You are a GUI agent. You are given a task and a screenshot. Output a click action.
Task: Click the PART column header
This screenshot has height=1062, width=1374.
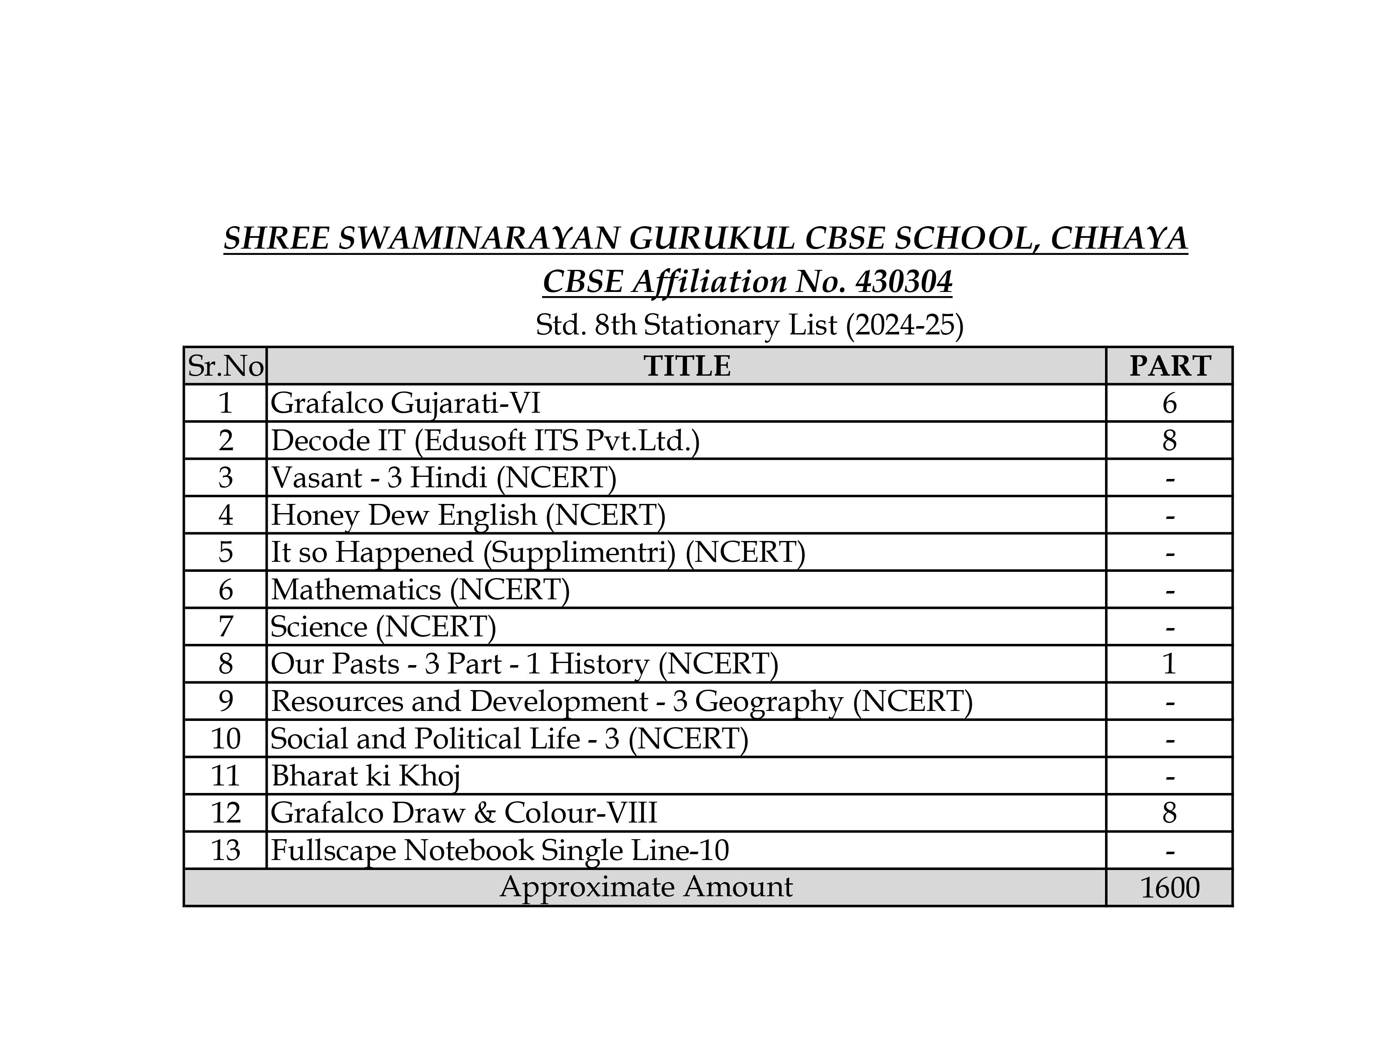1170,366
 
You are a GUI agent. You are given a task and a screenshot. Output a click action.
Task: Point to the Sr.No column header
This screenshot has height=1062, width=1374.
225,366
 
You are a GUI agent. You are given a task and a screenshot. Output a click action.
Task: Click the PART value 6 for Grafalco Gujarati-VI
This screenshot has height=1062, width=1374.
1170,403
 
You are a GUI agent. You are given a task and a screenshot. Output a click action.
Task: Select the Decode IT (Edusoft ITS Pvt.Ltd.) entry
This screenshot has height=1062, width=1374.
485,440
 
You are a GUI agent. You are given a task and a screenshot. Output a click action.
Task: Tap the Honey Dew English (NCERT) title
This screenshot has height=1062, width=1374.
468,515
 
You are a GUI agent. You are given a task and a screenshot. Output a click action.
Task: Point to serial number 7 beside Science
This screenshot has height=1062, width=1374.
225,627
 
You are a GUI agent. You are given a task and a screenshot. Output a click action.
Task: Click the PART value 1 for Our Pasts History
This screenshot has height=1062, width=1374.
1170,664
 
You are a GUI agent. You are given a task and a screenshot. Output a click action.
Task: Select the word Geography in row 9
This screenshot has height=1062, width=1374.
769,701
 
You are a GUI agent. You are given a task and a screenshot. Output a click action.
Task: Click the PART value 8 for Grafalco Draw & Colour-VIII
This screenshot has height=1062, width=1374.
1170,813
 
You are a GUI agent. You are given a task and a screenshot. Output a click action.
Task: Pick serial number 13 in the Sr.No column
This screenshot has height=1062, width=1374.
225,850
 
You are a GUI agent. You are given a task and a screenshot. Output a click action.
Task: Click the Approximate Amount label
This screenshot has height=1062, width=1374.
646,887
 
